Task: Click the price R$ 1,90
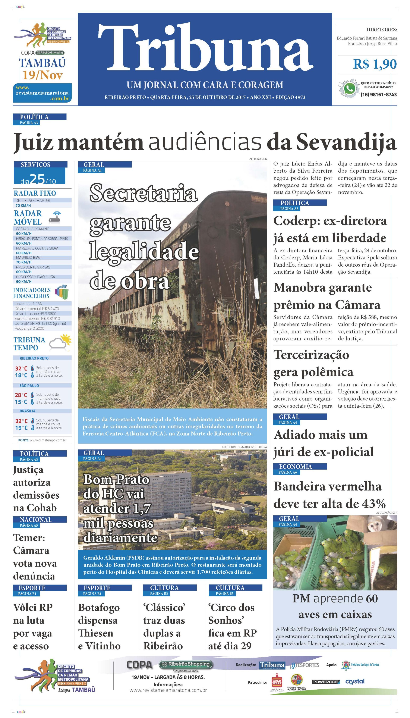pos(375,64)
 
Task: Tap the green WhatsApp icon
pos(349,88)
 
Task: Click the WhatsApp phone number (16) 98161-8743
pos(378,95)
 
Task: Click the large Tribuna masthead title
pos(205,47)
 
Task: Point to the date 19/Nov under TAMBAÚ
pos(42,75)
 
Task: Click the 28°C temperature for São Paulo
pos(21,395)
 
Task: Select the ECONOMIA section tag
pos(295,467)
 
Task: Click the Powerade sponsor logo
pos(325,682)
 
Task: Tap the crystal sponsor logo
pos(355,681)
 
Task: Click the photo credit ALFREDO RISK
pos(258,159)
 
